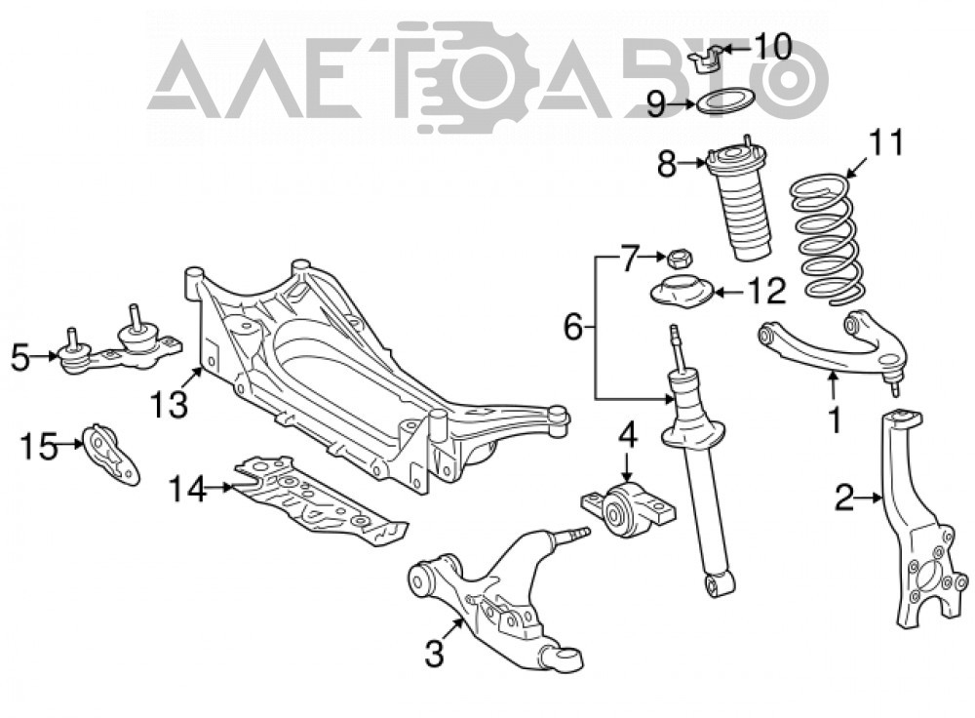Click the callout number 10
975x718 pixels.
tap(772, 46)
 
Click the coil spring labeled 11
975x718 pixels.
tap(824, 239)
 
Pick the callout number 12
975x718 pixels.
tap(766, 291)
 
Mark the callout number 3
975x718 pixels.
tap(435, 654)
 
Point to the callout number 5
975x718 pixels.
tap(20, 358)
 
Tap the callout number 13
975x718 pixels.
tap(169, 404)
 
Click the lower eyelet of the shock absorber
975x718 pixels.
tap(721, 585)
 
